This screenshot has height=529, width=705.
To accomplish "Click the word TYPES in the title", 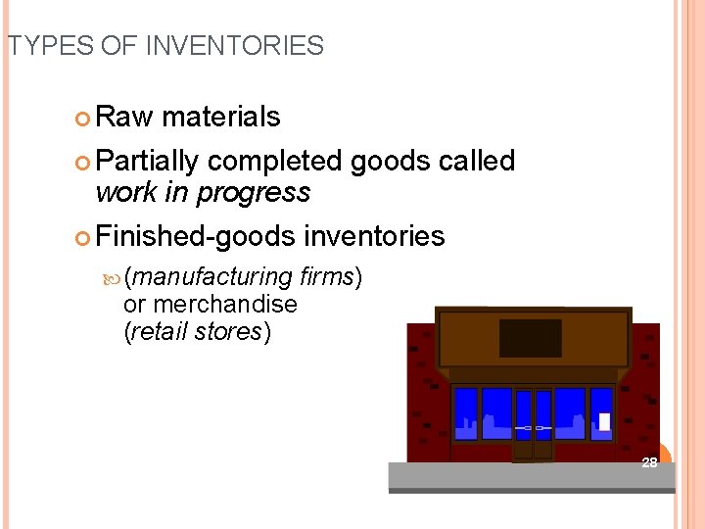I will pos(40,46).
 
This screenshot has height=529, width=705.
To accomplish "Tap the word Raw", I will pos(124,118).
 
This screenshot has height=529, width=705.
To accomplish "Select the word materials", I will pos(220,118).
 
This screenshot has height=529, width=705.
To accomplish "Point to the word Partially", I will pos(148,161).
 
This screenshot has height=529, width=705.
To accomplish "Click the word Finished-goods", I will pos(195,236).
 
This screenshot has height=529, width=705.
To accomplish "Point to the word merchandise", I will pos(225,305).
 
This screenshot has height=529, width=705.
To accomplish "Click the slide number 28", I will pos(649,462).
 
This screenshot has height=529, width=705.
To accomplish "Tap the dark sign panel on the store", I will pos(530,338).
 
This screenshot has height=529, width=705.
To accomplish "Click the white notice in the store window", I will pos(604,421).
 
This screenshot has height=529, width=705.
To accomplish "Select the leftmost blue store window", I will pos(466,413).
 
